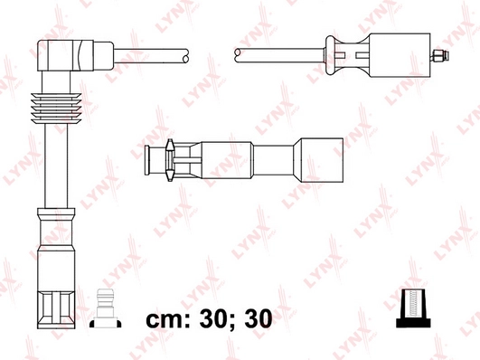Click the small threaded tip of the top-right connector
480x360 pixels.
440,57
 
